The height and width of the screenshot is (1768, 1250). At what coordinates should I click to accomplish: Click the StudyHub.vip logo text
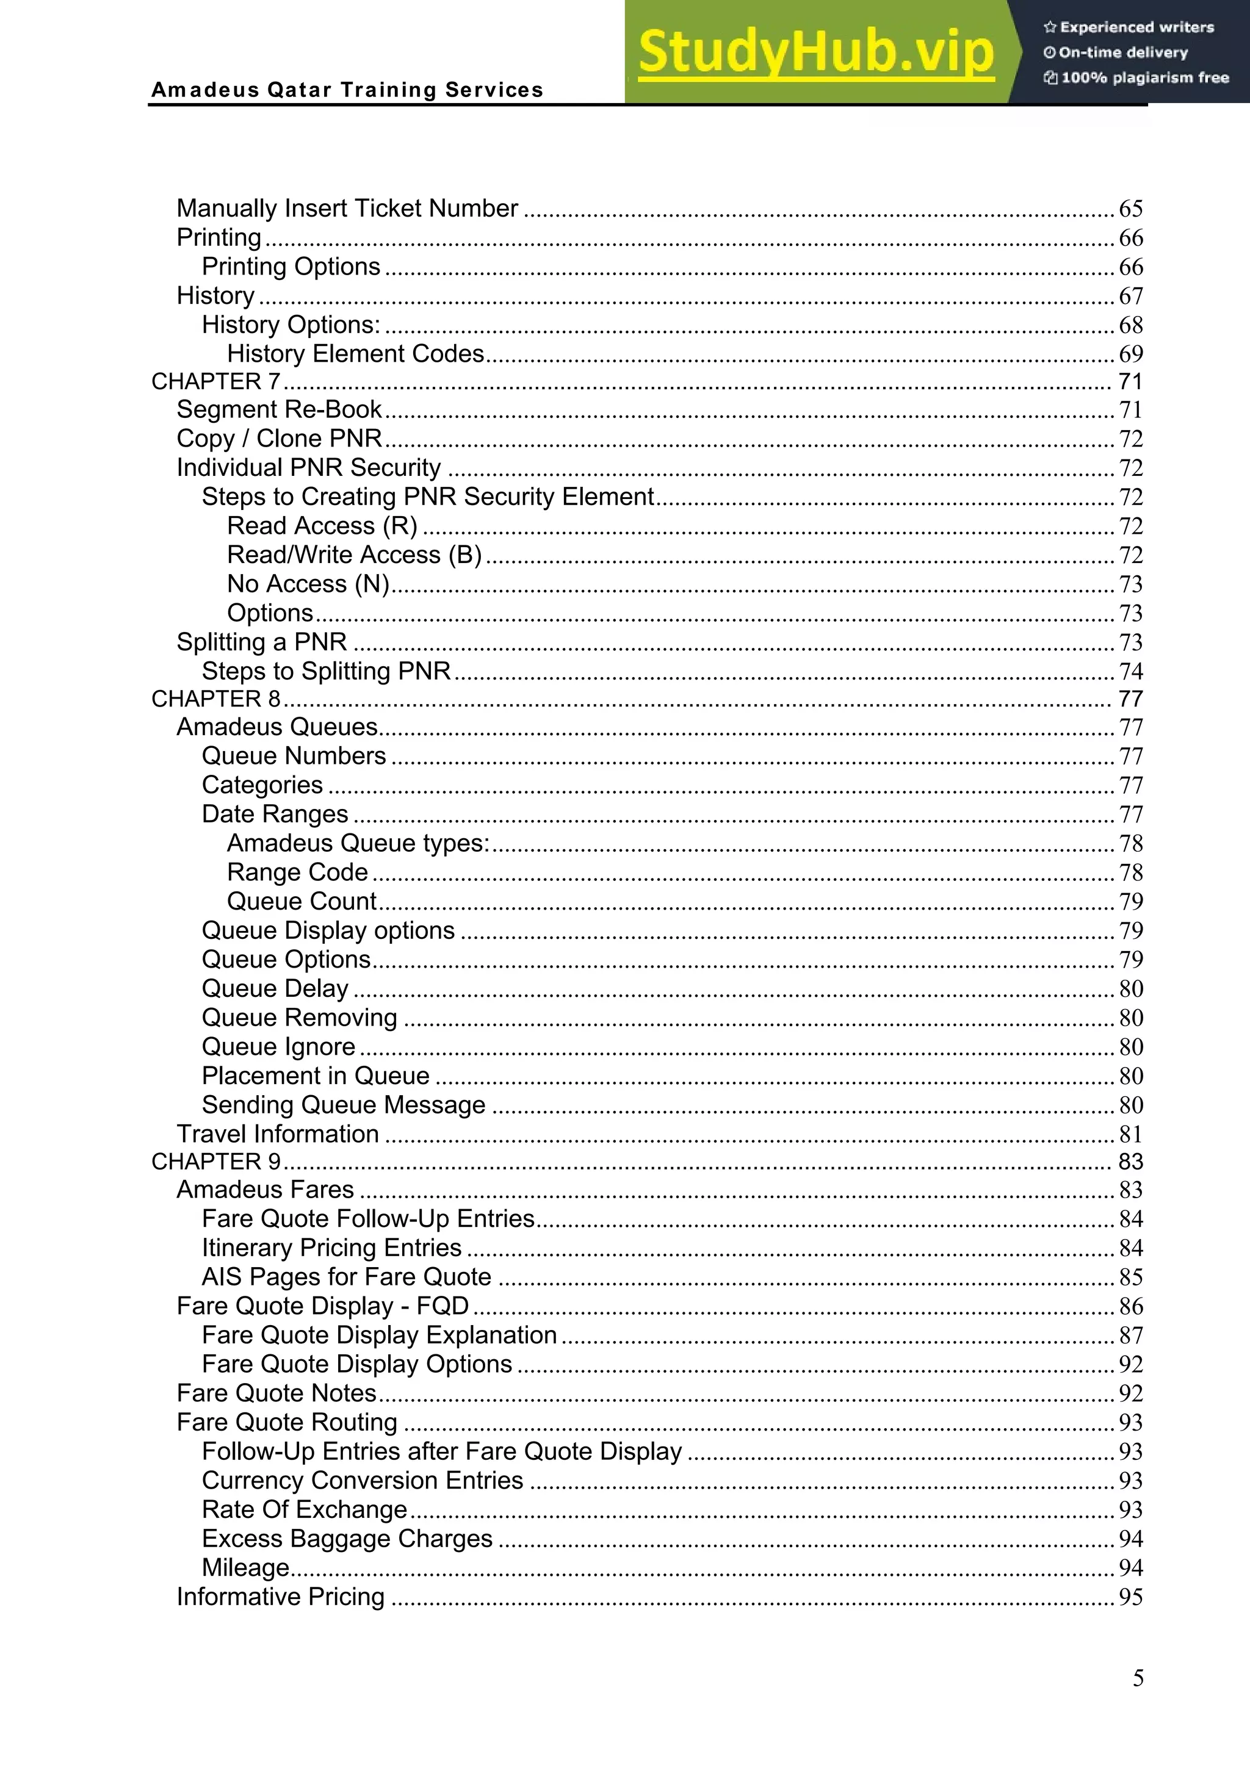click(x=815, y=52)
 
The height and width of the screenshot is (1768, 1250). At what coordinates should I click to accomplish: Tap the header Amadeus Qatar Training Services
click(x=347, y=90)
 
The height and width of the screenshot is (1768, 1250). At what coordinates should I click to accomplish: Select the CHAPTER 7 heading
click(x=215, y=381)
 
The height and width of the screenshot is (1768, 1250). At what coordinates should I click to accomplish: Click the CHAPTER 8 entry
click(x=215, y=699)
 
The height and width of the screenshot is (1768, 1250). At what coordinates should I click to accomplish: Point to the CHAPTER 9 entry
click(x=215, y=1161)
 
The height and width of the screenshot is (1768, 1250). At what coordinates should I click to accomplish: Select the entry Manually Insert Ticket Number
click(x=347, y=209)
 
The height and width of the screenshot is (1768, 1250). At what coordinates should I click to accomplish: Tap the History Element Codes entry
click(x=355, y=353)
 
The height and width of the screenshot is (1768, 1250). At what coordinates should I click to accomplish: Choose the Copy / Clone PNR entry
click(x=279, y=438)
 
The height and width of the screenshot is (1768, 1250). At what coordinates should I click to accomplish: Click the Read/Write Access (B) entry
click(x=354, y=555)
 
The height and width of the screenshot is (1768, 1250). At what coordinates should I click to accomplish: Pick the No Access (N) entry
click(x=308, y=584)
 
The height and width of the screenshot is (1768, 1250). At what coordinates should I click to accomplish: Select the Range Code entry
click(x=297, y=872)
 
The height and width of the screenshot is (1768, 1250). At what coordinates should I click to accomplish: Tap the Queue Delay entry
click(x=275, y=988)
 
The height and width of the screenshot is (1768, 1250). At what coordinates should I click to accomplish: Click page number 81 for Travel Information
click(x=1130, y=1134)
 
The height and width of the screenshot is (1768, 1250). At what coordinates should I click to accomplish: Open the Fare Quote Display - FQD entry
click(x=323, y=1306)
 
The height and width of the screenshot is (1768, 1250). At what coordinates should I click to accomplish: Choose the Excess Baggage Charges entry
click(x=347, y=1539)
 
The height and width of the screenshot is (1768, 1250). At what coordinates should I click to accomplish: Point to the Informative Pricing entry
click(x=280, y=1597)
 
